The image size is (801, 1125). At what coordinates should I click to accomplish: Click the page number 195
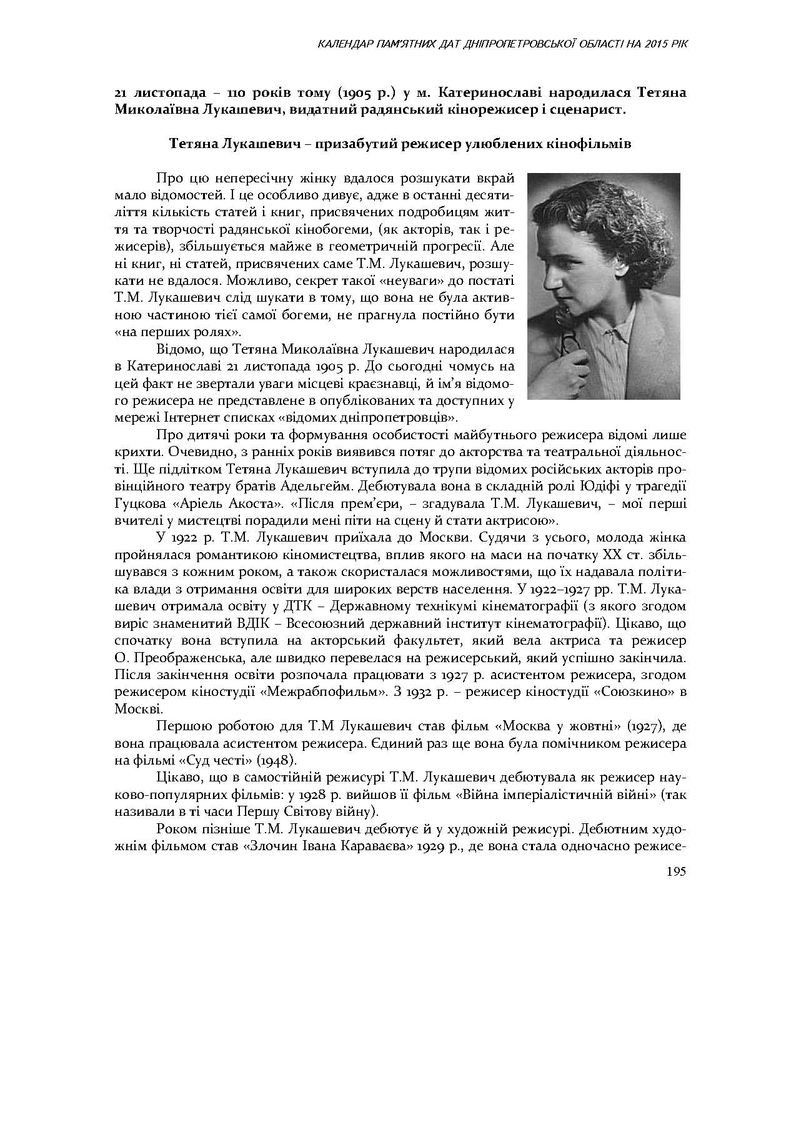tap(676, 871)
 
